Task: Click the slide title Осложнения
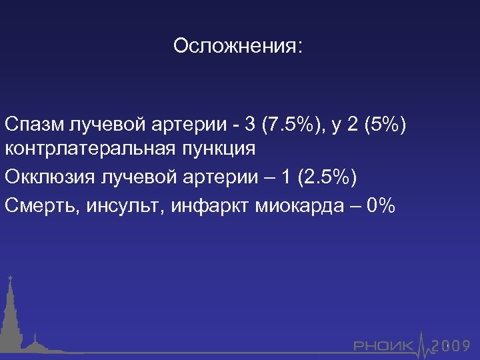(237, 47)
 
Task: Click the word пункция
(219, 148)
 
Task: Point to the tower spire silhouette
(11, 313)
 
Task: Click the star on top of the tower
(10, 277)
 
